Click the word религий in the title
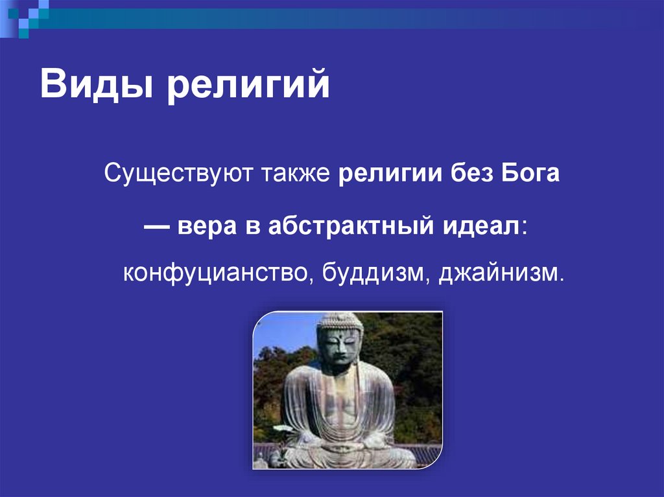coord(248,87)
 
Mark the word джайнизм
coord(497,272)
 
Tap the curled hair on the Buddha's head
coord(340,322)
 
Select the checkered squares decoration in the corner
coord(23,14)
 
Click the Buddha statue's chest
coord(340,395)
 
